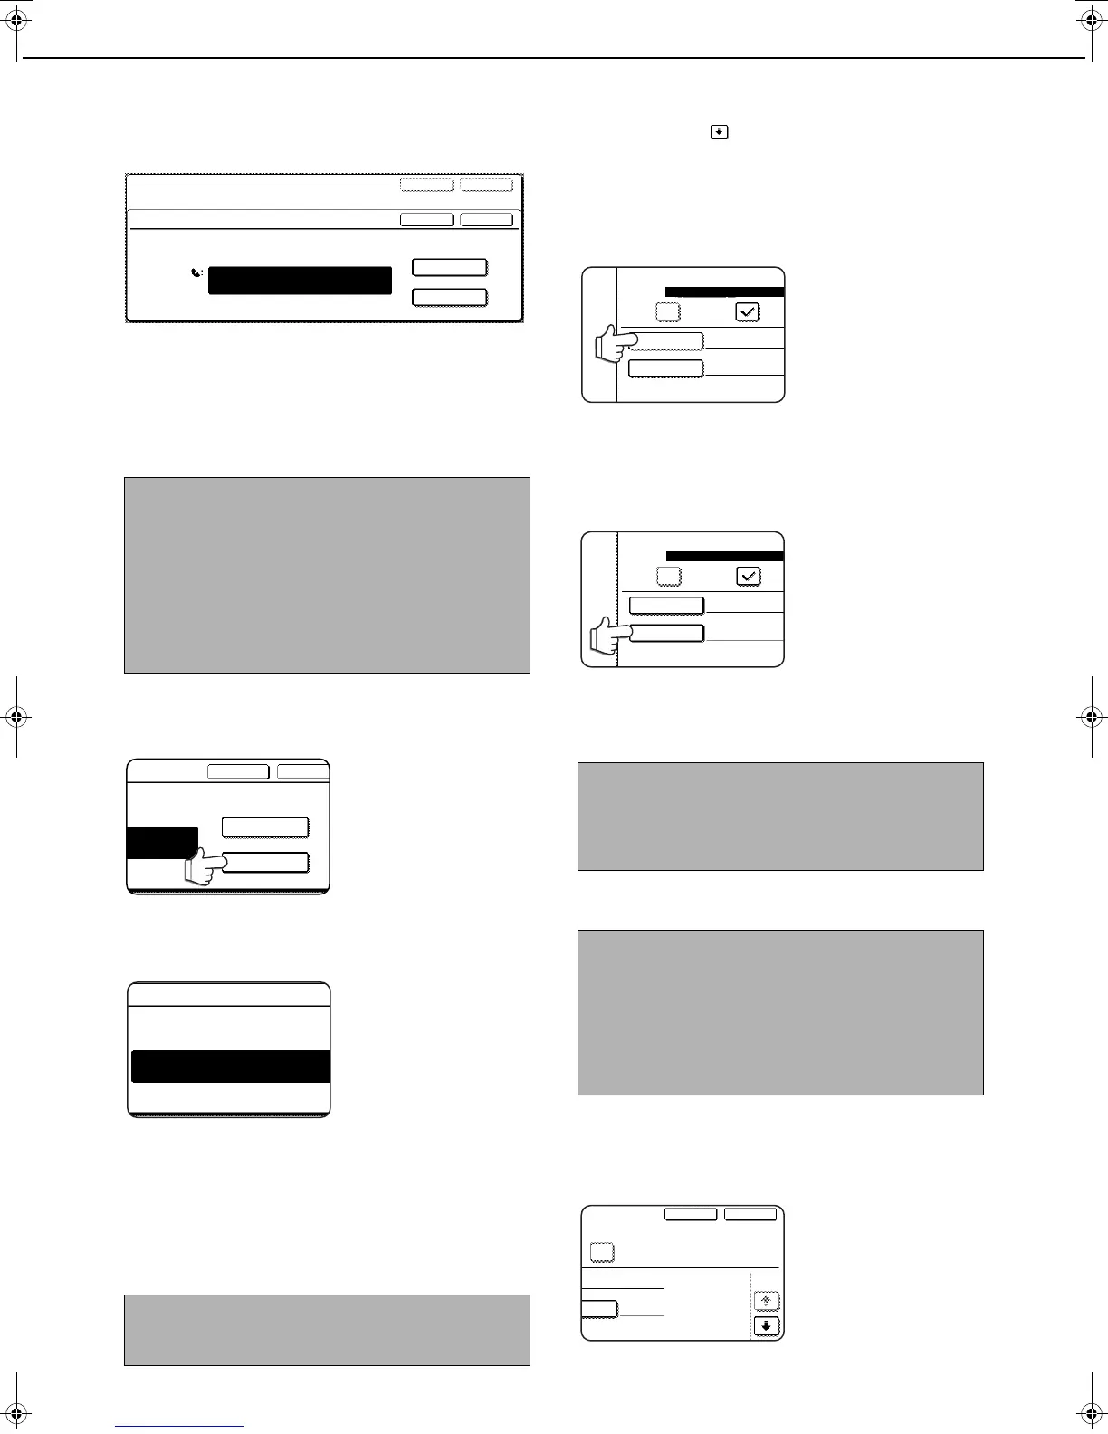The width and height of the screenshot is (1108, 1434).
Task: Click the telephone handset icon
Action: (198, 272)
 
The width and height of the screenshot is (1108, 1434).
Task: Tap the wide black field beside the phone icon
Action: (300, 281)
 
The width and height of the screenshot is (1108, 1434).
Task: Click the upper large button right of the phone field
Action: (450, 267)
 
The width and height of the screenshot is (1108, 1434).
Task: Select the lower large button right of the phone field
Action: (450, 297)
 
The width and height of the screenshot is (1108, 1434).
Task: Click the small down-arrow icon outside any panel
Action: (718, 132)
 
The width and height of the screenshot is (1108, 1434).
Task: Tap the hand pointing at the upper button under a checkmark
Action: (610, 345)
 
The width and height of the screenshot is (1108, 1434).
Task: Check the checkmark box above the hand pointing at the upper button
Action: (748, 311)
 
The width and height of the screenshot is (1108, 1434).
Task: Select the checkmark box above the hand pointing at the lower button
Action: (748, 576)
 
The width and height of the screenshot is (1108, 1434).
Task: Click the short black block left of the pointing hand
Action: (162, 842)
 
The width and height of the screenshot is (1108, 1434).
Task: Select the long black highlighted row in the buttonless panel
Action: (230, 1066)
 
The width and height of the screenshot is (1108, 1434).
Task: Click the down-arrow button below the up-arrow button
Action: (767, 1326)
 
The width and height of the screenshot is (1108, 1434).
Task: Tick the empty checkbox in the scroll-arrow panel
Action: (602, 1252)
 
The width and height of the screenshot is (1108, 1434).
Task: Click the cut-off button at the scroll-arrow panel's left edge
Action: (599, 1309)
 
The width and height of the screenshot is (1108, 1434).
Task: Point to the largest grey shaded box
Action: (327, 575)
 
